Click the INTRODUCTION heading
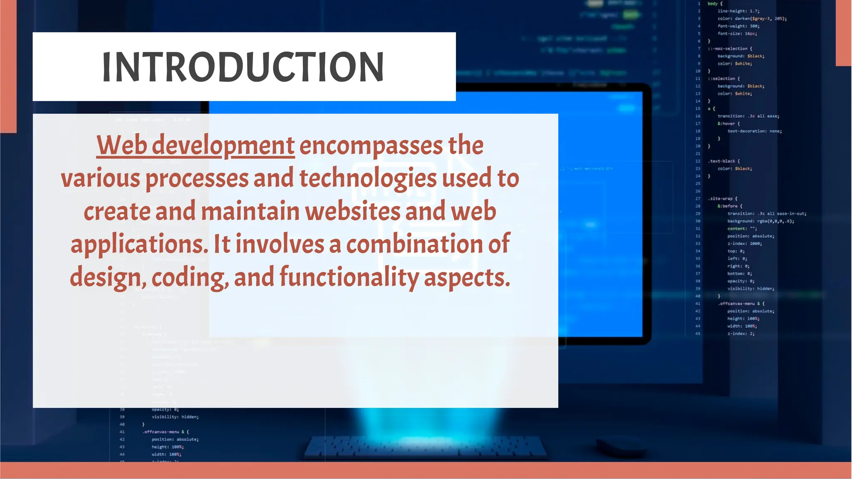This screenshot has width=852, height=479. (243, 67)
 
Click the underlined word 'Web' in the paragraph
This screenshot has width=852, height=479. (122, 145)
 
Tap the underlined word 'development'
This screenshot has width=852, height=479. (223, 146)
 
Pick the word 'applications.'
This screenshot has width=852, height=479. (139, 244)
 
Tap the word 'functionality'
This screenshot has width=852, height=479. (349, 277)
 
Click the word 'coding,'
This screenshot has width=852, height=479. (190, 278)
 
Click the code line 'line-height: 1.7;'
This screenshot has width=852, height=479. (738, 11)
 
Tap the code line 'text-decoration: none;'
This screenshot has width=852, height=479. (754, 131)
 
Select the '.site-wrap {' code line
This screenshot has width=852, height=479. (723, 198)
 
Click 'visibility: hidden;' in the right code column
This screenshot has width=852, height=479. (750, 289)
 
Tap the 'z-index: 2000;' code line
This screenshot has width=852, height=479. (744, 244)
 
